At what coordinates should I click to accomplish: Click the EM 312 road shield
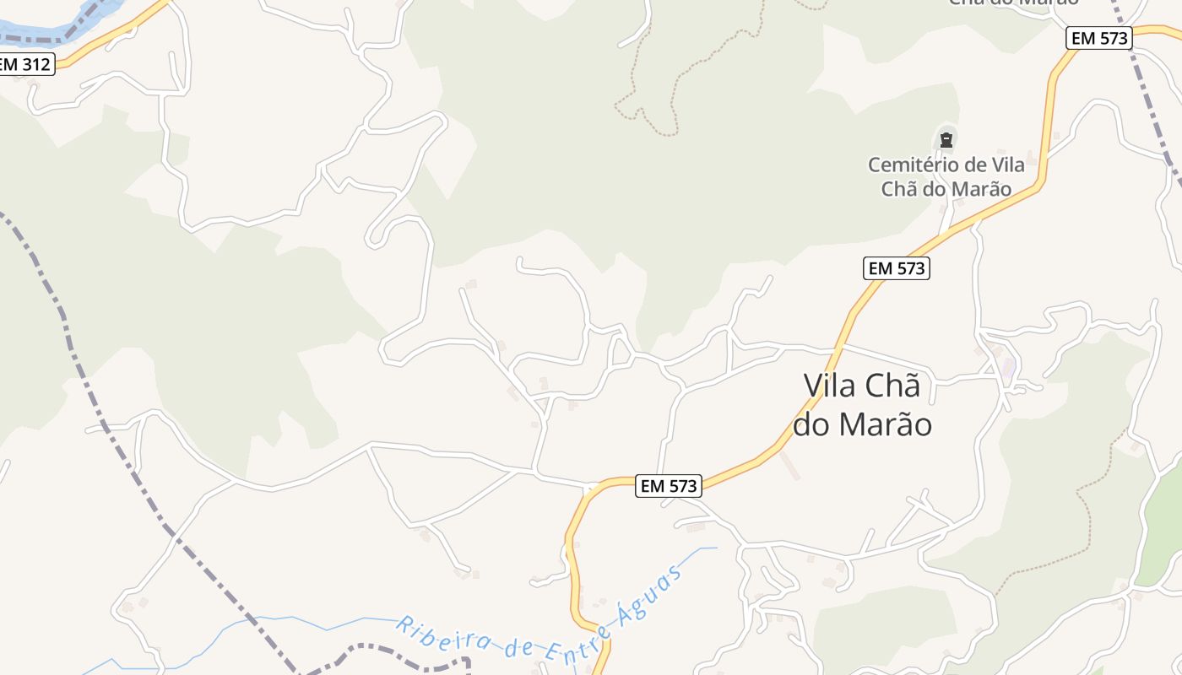(x=25, y=64)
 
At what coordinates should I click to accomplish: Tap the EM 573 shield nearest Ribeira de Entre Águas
(x=669, y=486)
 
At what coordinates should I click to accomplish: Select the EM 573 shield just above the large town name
(x=896, y=268)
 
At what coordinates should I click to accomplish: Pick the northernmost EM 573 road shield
(x=1098, y=38)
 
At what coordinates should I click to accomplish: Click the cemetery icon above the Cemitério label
(x=946, y=140)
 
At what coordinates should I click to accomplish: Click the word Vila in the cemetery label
(x=1007, y=165)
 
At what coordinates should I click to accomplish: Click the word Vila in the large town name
(x=832, y=386)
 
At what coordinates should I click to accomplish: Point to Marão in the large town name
(x=886, y=424)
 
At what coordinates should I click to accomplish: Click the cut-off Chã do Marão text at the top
(x=1013, y=3)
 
